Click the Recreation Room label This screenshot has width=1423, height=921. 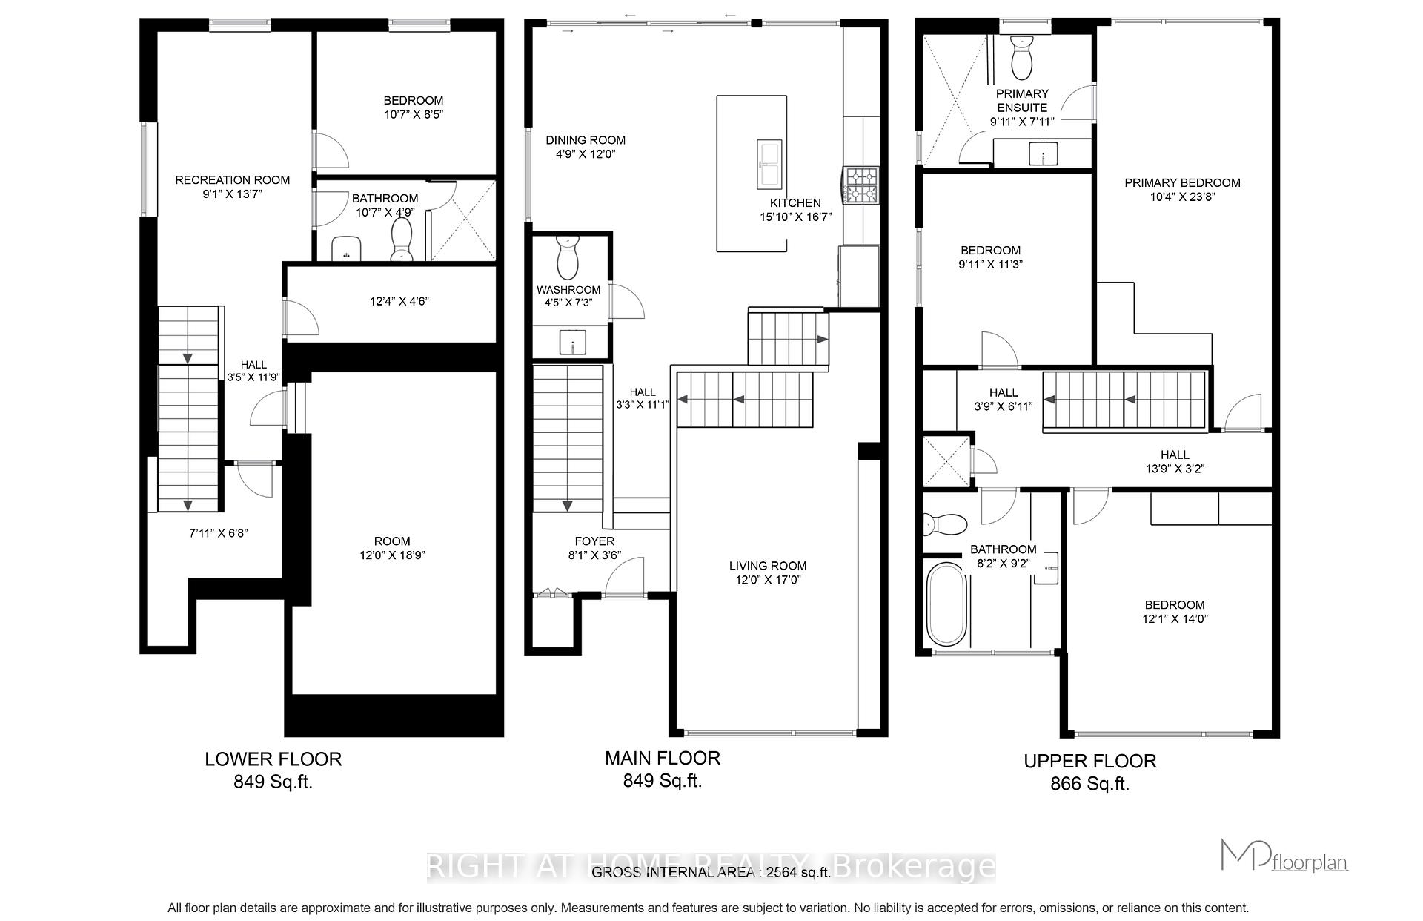point(232,180)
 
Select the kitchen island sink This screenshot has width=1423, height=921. point(768,164)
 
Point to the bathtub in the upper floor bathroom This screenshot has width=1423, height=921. point(946,604)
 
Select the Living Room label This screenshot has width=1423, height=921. point(767,566)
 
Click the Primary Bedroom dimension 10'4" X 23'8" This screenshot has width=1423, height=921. point(1182,197)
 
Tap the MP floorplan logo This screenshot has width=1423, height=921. point(1284,856)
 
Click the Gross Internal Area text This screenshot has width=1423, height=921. point(710,873)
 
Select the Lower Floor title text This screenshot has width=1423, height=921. point(273,759)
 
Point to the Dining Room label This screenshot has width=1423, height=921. point(586,140)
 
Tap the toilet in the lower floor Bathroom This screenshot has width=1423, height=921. point(402,239)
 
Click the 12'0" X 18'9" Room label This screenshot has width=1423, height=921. point(392,548)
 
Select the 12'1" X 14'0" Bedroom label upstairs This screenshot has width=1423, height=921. point(1174,612)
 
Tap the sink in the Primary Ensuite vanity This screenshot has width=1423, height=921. point(1042,156)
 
